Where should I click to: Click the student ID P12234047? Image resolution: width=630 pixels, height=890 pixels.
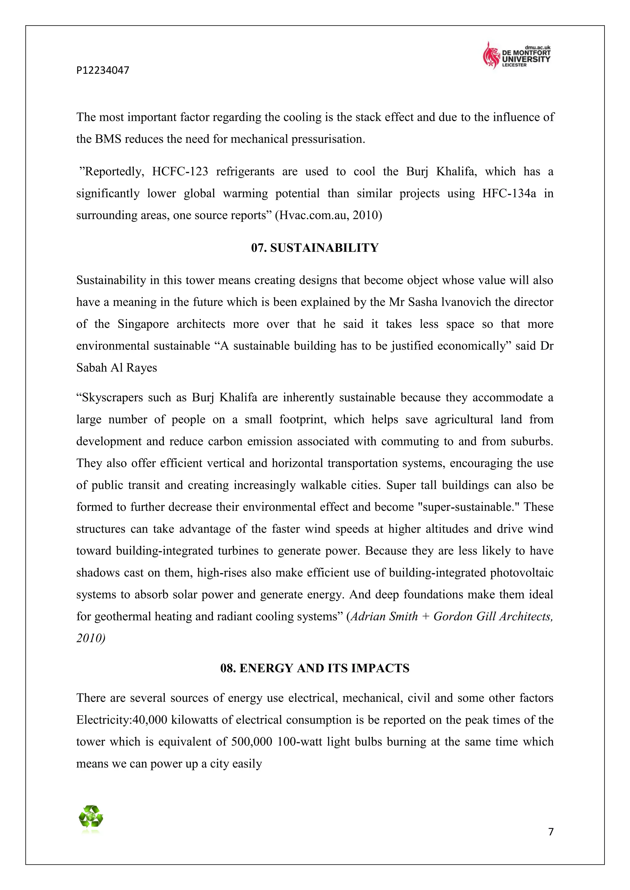click(102, 70)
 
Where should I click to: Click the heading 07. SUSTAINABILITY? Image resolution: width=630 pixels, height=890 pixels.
click(315, 248)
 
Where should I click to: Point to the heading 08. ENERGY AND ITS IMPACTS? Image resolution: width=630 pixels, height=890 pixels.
click(315, 668)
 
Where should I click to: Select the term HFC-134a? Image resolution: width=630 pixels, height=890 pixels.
click(509, 193)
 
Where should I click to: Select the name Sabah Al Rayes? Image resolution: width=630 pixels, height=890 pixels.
click(116, 368)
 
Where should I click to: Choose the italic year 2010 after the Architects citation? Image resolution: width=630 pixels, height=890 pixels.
click(90, 638)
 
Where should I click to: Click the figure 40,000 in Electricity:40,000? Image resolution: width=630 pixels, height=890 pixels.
click(150, 720)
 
